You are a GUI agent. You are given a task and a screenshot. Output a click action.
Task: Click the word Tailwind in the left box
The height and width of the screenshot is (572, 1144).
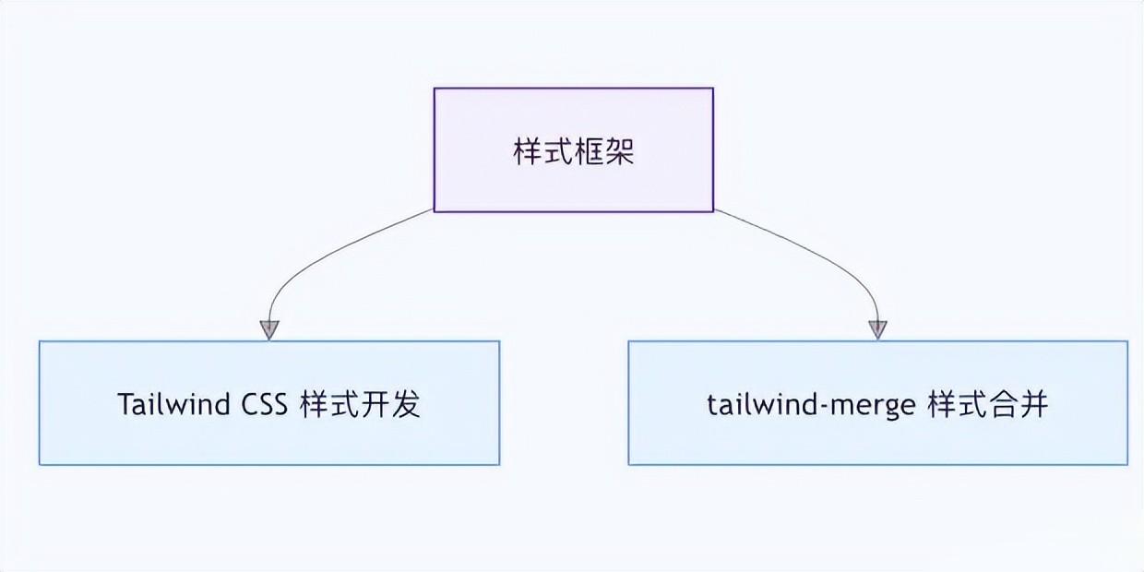tap(173, 404)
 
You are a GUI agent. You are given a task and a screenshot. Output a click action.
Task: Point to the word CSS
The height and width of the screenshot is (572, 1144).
tap(266, 404)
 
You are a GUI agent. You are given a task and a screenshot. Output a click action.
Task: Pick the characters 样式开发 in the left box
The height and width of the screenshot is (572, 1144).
tap(361, 404)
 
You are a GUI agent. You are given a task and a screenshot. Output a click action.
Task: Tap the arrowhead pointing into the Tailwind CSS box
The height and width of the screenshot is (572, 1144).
tap(268, 329)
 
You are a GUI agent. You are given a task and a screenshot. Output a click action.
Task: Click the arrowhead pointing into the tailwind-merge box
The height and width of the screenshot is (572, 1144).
tap(877, 329)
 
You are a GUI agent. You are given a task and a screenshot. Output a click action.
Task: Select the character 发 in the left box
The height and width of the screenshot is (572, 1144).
tap(406, 404)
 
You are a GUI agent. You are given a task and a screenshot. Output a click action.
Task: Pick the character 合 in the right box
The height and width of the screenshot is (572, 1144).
tap(1004, 404)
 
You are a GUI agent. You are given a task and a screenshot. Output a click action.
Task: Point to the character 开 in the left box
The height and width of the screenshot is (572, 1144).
tap(375, 404)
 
